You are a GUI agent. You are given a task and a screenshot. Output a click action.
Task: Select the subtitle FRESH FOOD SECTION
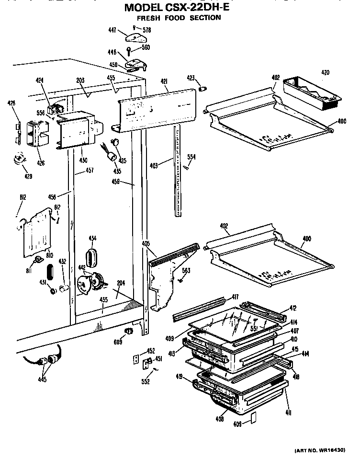(179, 18)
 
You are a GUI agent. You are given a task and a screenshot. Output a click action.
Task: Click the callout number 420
(325, 73)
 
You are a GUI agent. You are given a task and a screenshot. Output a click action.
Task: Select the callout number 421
(164, 82)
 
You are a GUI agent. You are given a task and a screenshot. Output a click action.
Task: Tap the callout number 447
(112, 30)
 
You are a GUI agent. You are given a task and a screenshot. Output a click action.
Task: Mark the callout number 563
(186, 271)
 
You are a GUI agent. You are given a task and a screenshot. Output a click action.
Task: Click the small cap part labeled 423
(203, 89)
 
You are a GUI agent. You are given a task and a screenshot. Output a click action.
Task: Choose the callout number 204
(121, 283)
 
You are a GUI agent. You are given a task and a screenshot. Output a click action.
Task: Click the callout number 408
(220, 419)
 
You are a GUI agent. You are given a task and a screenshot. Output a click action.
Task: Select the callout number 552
(146, 381)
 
